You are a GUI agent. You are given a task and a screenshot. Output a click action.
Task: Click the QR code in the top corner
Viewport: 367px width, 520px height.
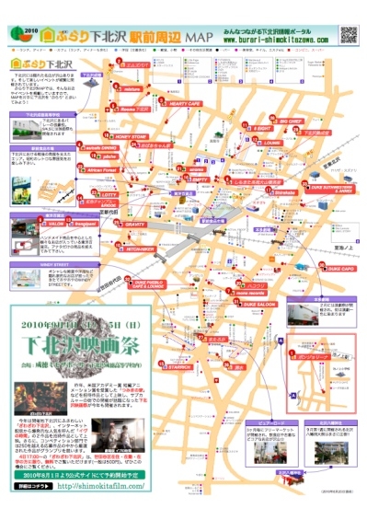pyautogui.click(x=349, y=34)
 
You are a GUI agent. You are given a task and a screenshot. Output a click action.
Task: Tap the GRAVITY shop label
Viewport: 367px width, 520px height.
pyautogui.click(x=134, y=223)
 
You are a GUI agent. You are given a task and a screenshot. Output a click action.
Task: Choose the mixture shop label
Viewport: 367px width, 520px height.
pyautogui.click(x=132, y=90)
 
